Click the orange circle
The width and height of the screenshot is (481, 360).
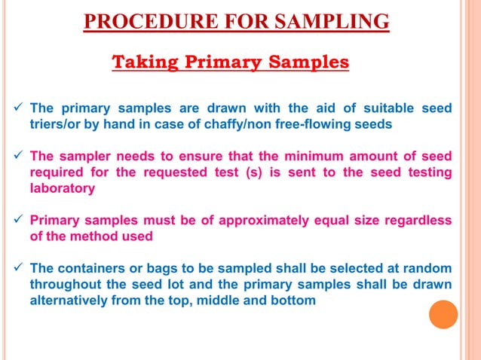pos(443,314)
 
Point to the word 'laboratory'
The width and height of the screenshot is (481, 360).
pos(63,188)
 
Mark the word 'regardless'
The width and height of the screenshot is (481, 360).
pos(418,220)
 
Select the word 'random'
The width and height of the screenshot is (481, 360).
pos(427,268)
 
